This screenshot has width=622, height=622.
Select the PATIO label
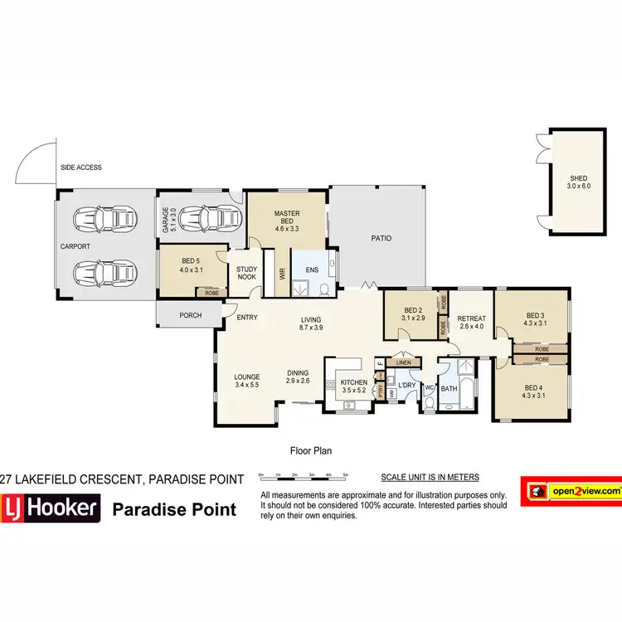(381, 239)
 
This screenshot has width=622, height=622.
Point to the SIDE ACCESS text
(80, 168)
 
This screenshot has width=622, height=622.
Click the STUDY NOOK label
(247, 274)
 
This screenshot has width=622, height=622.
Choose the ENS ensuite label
(312, 270)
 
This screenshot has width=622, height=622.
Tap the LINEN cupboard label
(404, 362)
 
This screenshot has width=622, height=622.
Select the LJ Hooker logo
(51, 508)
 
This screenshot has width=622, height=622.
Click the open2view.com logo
(570, 491)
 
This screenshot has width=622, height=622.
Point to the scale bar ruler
(304, 475)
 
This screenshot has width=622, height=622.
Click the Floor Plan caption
(310, 451)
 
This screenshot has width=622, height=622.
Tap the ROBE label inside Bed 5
(211, 292)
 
